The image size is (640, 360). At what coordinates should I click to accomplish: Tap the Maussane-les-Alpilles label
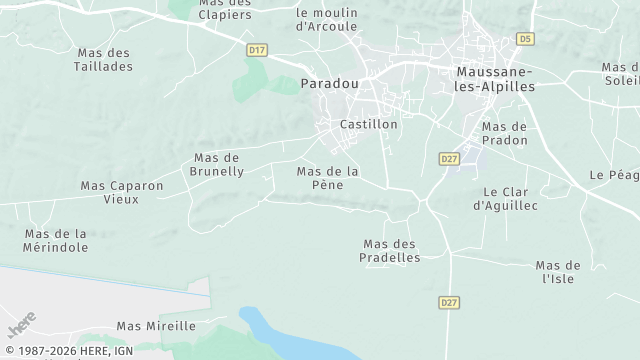pyautogui.click(x=495, y=79)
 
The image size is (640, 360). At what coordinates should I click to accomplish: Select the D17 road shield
pyautogui.click(x=257, y=49)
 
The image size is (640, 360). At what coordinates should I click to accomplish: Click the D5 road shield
pyautogui.click(x=525, y=39)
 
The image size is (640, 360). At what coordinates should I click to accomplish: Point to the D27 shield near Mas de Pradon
pyautogui.click(x=448, y=158)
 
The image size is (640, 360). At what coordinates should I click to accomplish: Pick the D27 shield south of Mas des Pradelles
pyautogui.click(x=448, y=301)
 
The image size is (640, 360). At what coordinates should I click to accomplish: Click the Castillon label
pyautogui.click(x=369, y=125)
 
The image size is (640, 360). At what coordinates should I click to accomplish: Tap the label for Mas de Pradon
pyautogui.click(x=504, y=133)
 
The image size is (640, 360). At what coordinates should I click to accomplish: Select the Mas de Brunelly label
pyautogui.click(x=218, y=165)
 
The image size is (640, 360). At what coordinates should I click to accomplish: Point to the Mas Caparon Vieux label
pyautogui.click(x=122, y=192)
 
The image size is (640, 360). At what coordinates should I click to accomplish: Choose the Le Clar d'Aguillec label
pyautogui.click(x=505, y=198)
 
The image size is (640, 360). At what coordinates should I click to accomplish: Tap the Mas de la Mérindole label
pyautogui.click(x=55, y=240)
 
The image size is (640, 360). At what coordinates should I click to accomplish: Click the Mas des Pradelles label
pyautogui.click(x=390, y=250)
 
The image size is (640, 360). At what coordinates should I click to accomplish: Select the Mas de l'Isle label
pyautogui.click(x=558, y=271)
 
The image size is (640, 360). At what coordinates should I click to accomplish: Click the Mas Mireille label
pyautogui.click(x=156, y=326)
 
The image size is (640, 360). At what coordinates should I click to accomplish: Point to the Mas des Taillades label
pyautogui.click(x=103, y=59)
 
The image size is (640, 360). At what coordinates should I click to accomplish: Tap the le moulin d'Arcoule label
pyautogui.click(x=327, y=19)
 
